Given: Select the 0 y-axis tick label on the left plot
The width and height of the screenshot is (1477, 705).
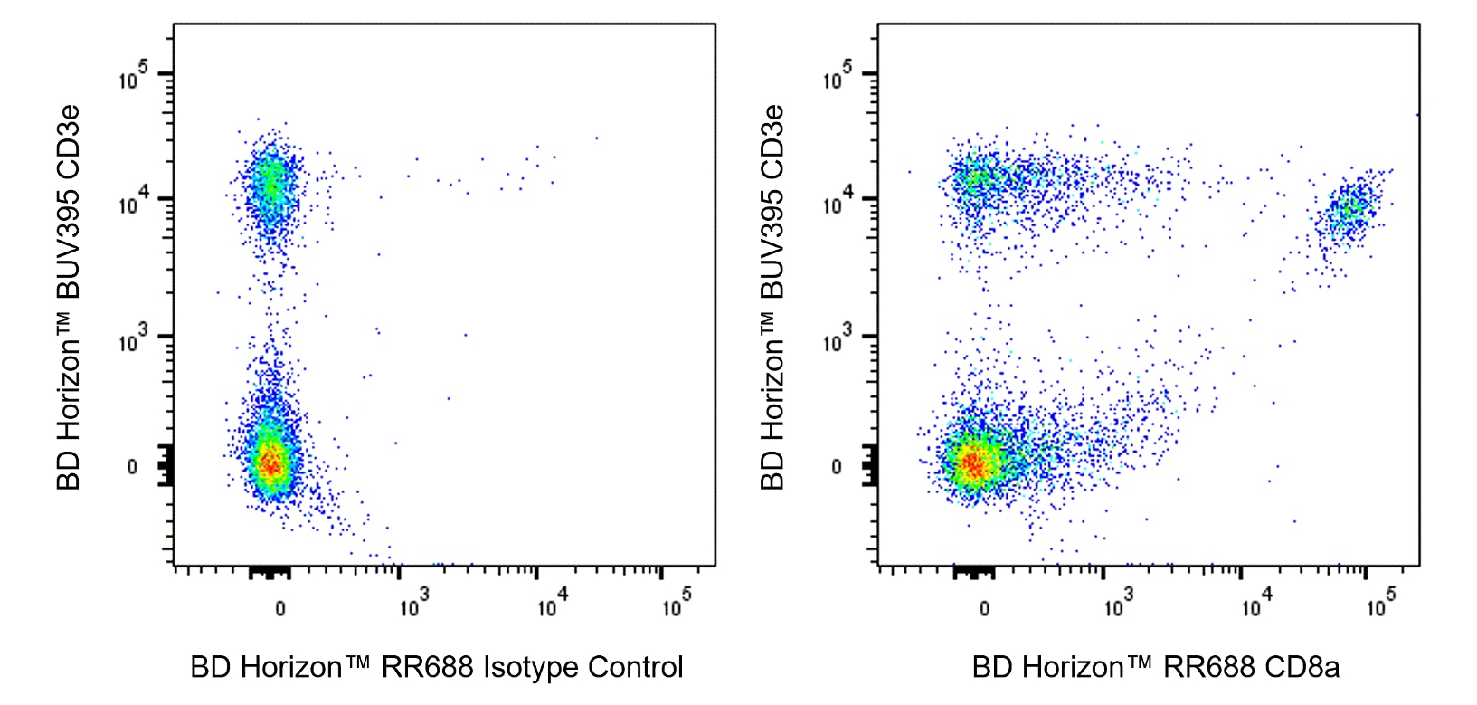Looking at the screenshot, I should click(x=133, y=467).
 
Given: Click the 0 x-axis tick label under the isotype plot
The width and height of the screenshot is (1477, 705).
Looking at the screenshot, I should click(x=279, y=608).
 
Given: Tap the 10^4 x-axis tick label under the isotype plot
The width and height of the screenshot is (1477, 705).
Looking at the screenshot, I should click(x=548, y=605).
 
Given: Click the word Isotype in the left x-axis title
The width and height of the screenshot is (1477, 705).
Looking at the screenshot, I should click(x=530, y=668).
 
